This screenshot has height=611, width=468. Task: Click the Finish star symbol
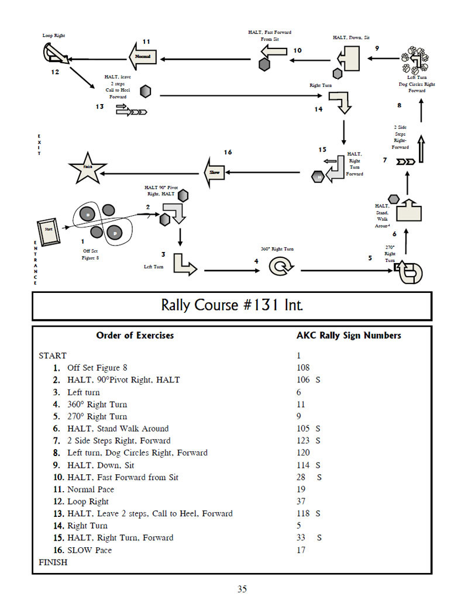[x=88, y=168]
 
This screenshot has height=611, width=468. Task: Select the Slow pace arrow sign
[x=214, y=172]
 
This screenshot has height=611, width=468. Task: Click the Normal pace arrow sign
[x=142, y=57]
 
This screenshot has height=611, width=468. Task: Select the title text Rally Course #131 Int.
[x=232, y=306]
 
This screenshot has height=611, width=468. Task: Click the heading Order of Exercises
[x=135, y=336]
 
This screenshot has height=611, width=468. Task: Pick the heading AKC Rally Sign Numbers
[x=349, y=336]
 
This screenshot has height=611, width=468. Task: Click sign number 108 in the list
[x=303, y=368]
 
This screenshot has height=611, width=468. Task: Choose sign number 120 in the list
[x=303, y=453]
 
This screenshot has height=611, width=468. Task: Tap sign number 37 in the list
[x=301, y=501]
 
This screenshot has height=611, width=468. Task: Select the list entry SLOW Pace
[x=89, y=550]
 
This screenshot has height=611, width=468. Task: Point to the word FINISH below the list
[x=53, y=562]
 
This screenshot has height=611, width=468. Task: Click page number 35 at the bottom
[x=242, y=589]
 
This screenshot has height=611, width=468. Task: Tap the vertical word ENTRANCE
[x=36, y=263]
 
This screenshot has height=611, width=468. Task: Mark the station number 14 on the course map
[x=318, y=109]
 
